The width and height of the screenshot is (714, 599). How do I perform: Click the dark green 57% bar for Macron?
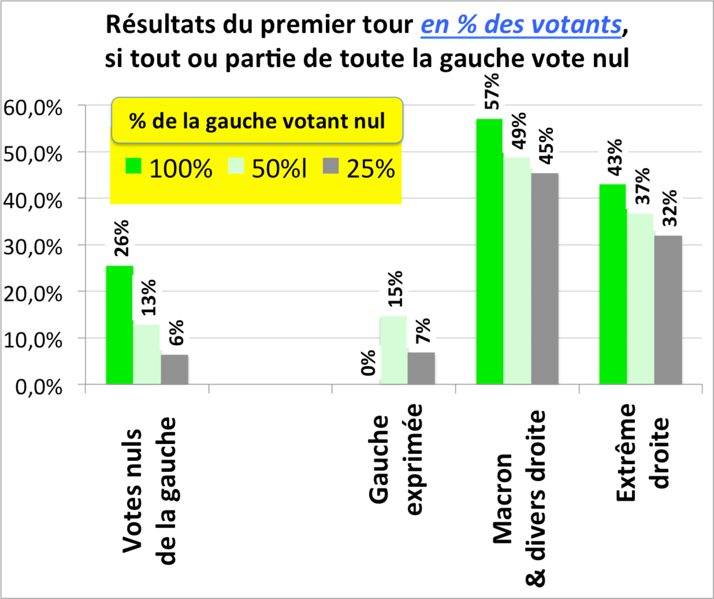pos(489,252)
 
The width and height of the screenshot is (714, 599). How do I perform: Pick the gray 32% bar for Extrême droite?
pos(668,310)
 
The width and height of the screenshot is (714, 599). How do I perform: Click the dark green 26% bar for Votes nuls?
pos(119,325)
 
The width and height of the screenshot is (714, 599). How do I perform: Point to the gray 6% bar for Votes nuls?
pos(174,369)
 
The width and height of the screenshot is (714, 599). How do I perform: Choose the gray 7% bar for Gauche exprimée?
pos(421,368)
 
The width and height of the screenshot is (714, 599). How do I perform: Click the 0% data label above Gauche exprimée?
pos(368,363)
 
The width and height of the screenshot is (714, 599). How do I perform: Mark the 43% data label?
pos(615,158)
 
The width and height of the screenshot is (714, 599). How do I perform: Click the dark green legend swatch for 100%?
pos(133,166)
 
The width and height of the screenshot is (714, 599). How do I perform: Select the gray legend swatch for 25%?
pos(330,166)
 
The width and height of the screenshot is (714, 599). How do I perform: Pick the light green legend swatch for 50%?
pos(236,166)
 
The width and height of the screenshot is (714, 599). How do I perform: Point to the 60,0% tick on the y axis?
pos(33,108)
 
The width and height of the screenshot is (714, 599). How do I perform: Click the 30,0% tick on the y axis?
pos(33,248)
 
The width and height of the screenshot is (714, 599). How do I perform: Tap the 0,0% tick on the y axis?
pos(39,387)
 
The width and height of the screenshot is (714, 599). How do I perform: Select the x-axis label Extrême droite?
pos(642,452)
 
